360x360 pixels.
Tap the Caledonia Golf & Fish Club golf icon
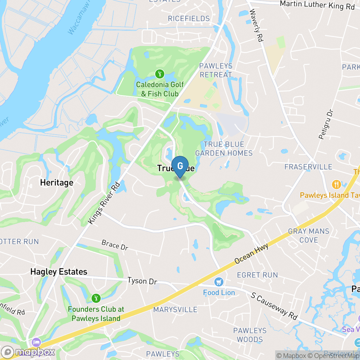pyautogui.click(x=159, y=74)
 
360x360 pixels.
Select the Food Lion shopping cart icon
pyautogui.click(x=219, y=282)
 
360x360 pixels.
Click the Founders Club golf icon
pyautogui.click(x=96, y=298)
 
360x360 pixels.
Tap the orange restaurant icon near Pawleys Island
pyautogui.click(x=336, y=184)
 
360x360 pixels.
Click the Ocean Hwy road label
pyautogui.click(x=251, y=253)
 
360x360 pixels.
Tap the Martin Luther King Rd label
pyautogui.click(x=317, y=5)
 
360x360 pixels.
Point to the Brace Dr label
pyautogui.click(x=115, y=245)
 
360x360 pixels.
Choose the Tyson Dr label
pyautogui.click(x=142, y=281)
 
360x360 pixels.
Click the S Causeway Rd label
pyautogui.click(x=274, y=306)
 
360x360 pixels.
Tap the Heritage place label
pyautogui.click(x=57, y=183)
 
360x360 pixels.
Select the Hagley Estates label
pyautogui.click(x=59, y=272)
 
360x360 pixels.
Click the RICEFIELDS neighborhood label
pyautogui.click(x=189, y=19)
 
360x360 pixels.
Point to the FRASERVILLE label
pyautogui.click(x=308, y=167)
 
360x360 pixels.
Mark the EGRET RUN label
pyautogui.click(x=257, y=275)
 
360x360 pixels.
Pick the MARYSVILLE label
pyautogui.click(x=175, y=310)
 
